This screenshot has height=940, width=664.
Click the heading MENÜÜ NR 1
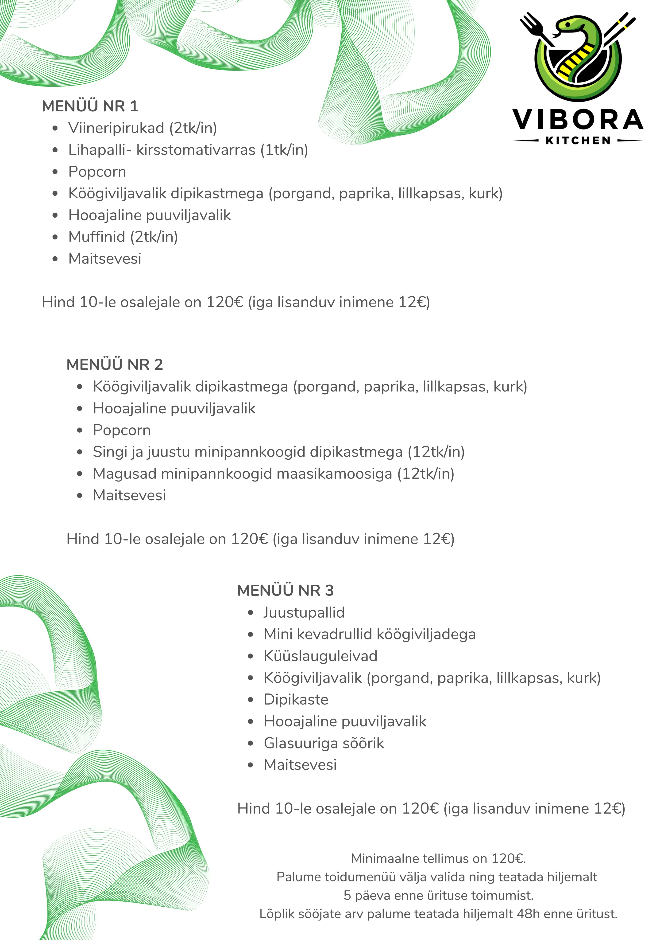90,106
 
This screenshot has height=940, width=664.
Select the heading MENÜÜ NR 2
115,364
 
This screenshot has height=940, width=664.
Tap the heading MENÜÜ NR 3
285,590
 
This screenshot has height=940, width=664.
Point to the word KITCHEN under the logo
578,141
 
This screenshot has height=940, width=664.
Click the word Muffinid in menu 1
97,237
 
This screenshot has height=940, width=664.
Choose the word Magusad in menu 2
125,474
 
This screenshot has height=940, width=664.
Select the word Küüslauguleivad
320,656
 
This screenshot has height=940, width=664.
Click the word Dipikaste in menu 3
296,699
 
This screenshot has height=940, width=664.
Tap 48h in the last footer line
529,914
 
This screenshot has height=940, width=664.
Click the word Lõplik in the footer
276,914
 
